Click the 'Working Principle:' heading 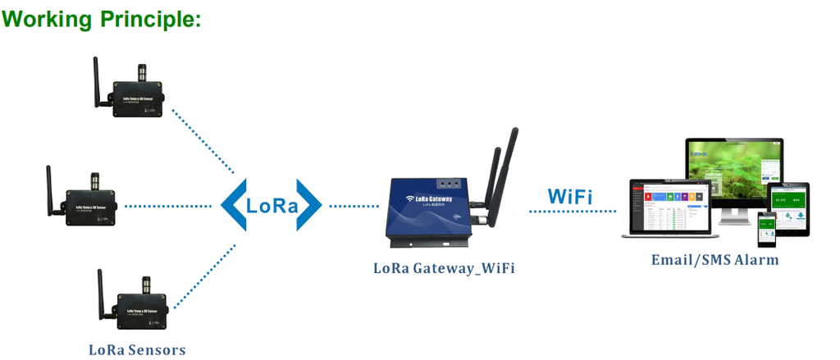click(102, 19)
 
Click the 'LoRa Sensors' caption click(137, 350)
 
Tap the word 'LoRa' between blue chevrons click(272, 205)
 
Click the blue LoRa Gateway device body click(427, 210)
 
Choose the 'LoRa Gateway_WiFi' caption click(444, 268)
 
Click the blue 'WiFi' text click(570, 197)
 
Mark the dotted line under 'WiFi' click(572, 212)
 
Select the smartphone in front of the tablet click(766, 229)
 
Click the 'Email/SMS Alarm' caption click(714, 260)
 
